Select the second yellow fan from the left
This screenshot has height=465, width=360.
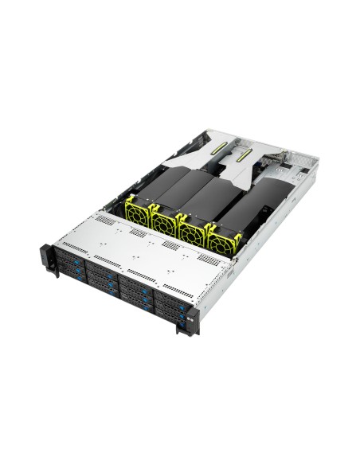[x=165, y=221]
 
